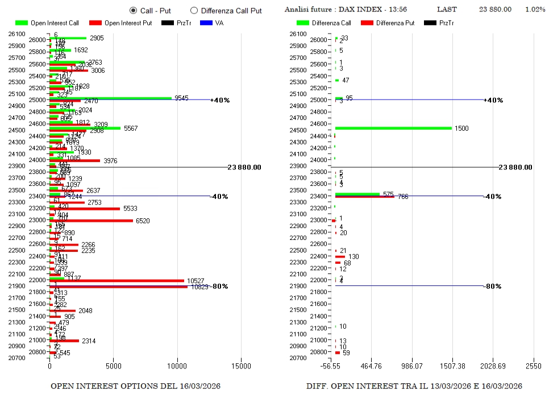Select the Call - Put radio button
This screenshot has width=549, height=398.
click(x=133, y=10)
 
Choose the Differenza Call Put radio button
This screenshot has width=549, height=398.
click(x=194, y=10)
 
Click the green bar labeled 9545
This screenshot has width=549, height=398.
click(x=110, y=98)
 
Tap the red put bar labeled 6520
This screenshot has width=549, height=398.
click(x=91, y=220)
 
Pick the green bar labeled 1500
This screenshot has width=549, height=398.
click(x=393, y=128)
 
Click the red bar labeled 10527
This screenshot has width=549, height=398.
click(x=117, y=280)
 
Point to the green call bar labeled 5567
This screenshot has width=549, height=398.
click(x=85, y=128)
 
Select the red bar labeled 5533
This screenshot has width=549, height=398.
click(x=85, y=209)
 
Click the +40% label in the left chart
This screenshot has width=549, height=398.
click(x=219, y=100)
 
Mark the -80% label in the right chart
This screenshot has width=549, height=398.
click(x=492, y=287)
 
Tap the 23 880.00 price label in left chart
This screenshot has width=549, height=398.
click(x=244, y=167)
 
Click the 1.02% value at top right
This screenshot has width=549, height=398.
click(x=535, y=10)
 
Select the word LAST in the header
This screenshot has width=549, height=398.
click(x=447, y=10)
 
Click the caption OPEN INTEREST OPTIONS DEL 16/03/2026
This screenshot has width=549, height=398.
click(x=136, y=386)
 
